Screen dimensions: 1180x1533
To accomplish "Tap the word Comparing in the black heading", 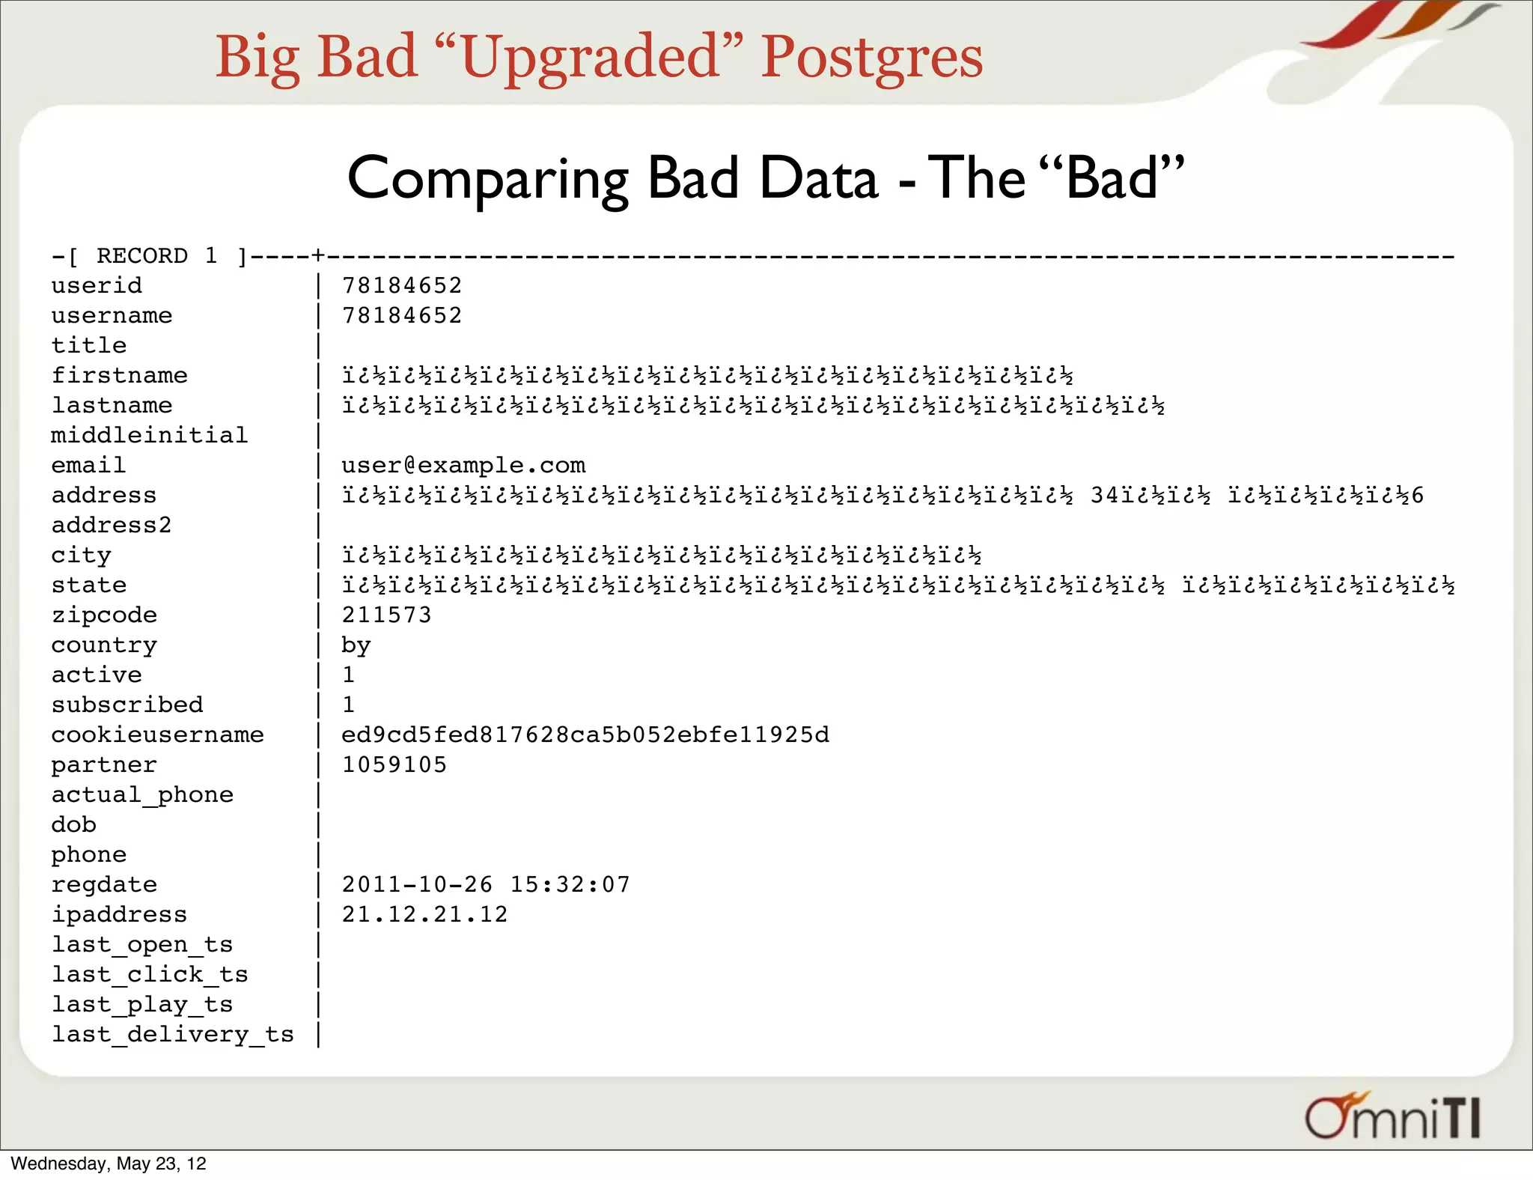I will pyautogui.click(x=487, y=180).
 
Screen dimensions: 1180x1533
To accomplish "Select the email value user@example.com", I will pyautogui.click(x=463, y=465).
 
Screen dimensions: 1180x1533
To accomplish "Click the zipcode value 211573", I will pyautogui.click(x=386, y=615).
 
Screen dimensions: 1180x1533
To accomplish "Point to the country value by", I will pyautogui.click(x=356, y=645).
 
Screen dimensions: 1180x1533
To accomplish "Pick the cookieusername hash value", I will pyautogui.click(x=585, y=735).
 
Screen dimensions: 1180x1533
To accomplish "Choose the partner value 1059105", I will pyautogui.click(x=394, y=764).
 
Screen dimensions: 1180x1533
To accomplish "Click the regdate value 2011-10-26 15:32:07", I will pyautogui.click(x=486, y=884).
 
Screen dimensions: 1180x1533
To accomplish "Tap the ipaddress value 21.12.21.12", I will pyautogui.click(x=424, y=914).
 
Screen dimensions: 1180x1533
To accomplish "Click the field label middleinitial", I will pyautogui.click(x=149, y=435).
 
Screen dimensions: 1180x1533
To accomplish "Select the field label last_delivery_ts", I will pyautogui.click(x=172, y=1034).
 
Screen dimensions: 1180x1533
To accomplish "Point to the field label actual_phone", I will pyautogui.click(x=142, y=794).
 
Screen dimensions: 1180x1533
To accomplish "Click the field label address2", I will pyautogui.click(x=112, y=525).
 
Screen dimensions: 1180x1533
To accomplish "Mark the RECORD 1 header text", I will pyautogui.click(x=156, y=256).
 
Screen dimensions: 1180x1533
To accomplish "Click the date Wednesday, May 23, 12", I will pyautogui.click(x=109, y=1164).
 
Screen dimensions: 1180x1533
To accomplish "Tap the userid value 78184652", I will pyautogui.click(x=402, y=285).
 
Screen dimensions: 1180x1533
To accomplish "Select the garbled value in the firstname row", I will pyautogui.click(x=707, y=375).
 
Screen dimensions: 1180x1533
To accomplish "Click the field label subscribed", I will pyautogui.click(x=127, y=705).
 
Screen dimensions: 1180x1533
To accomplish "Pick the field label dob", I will pyautogui.click(x=73, y=824).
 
